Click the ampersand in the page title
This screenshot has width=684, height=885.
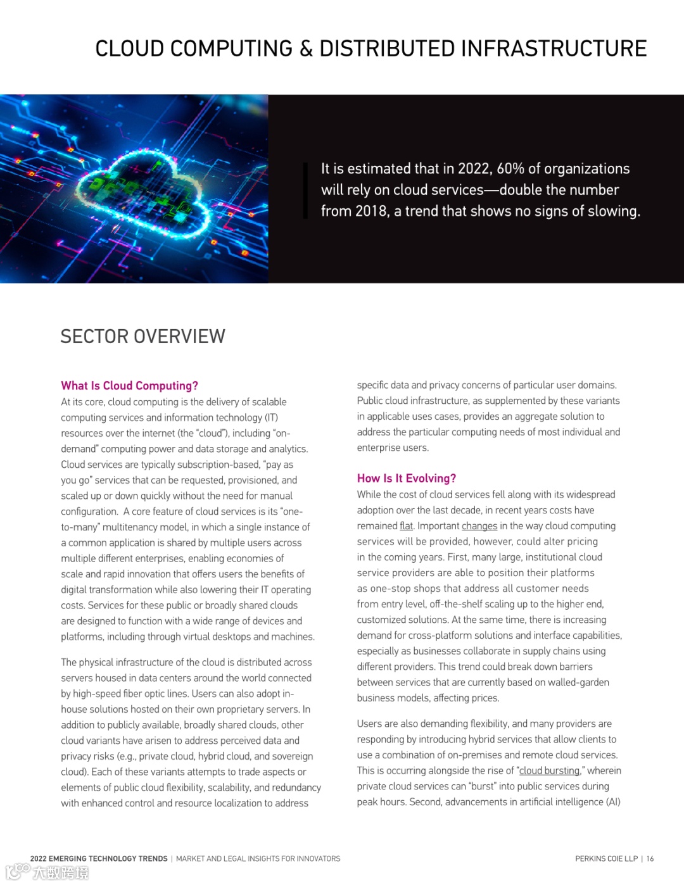click(306, 49)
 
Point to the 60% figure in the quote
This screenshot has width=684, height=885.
click(510, 169)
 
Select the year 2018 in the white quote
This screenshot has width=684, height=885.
click(372, 211)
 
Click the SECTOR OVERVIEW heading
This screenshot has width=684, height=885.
click(142, 336)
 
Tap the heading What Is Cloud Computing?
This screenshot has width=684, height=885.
click(129, 386)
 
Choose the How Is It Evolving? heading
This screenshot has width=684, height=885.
click(406, 479)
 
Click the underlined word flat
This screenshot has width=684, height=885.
click(406, 526)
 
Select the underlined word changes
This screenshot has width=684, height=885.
click(479, 526)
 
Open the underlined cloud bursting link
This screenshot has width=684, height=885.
click(549, 771)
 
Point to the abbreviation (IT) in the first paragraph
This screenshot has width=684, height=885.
click(271, 418)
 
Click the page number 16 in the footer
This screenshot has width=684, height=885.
click(650, 859)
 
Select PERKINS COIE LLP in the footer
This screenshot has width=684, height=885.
click(606, 859)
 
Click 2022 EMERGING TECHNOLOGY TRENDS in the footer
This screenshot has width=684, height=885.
click(99, 859)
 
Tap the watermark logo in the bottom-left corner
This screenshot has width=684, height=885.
click(47, 872)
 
